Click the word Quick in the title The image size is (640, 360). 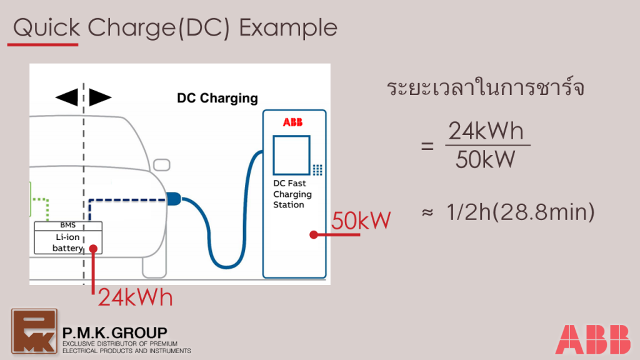pyautogui.click(x=46, y=27)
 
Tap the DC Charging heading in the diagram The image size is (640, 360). pyautogui.click(x=217, y=98)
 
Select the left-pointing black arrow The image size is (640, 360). pyautogui.click(x=66, y=97)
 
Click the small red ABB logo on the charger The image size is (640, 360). pyautogui.click(x=293, y=122)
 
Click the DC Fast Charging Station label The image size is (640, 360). pyautogui.click(x=292, y=194)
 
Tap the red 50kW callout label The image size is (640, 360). pyautogui.click(x=361, y=221)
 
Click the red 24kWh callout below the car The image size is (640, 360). pyautogui.click(x=135, y=298)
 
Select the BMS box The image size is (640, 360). pyautogui.click(x=67, y=225)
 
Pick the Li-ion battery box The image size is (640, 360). pyautogui.click(x=67, y=242)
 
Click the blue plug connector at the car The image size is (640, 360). pyautogui.click(x=173, y=199)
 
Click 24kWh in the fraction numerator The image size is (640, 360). pyautogui.click(x=486, y=132)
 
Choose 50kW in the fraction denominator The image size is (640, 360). pyautogui.click(x=486, y=160)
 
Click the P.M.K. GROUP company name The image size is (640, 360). pyautogui.click(x=115, y=332)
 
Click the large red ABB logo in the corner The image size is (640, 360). pyautogui.click(x=593, y=339)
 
